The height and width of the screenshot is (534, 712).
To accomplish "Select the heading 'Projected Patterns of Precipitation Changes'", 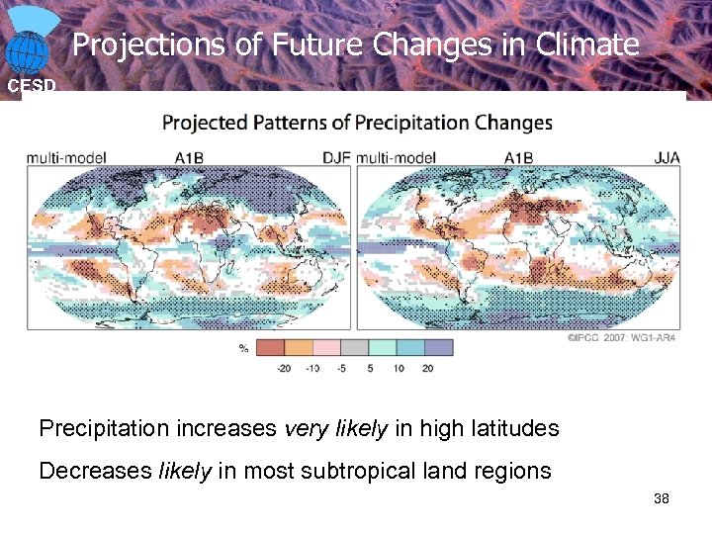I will tap(357, 124).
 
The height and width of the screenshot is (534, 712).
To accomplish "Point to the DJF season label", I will tap(336, 156).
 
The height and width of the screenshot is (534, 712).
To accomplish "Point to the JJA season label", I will tap(667, 156).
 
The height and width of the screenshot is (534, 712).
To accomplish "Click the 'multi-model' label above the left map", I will tap(66, 156).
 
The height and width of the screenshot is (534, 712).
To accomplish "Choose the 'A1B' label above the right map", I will tap(518, 156).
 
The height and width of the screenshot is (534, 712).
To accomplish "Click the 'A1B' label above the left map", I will tap(189, 156).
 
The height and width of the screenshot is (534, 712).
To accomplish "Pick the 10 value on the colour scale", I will tap(398, 368).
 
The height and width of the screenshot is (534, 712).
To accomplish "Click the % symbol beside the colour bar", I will tap(243, 348).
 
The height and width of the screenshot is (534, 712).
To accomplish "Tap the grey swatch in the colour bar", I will tap(355, 347).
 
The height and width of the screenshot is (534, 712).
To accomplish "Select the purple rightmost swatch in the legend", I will tap(439, 347).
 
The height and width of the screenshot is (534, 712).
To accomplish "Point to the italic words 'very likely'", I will tap(337, 429).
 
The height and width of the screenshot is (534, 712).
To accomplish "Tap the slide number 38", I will tap(662, 499).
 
